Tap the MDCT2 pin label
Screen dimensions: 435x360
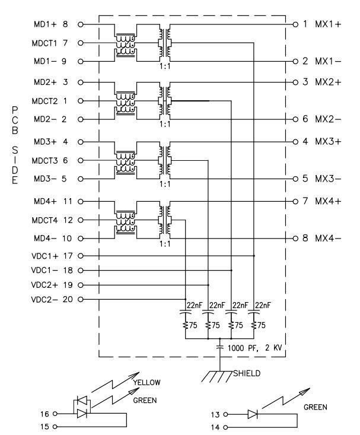[50, 101]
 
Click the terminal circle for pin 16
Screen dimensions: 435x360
[56, 413]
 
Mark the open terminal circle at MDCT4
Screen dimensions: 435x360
[79, 220]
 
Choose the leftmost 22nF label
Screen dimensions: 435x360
[195, 304]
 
